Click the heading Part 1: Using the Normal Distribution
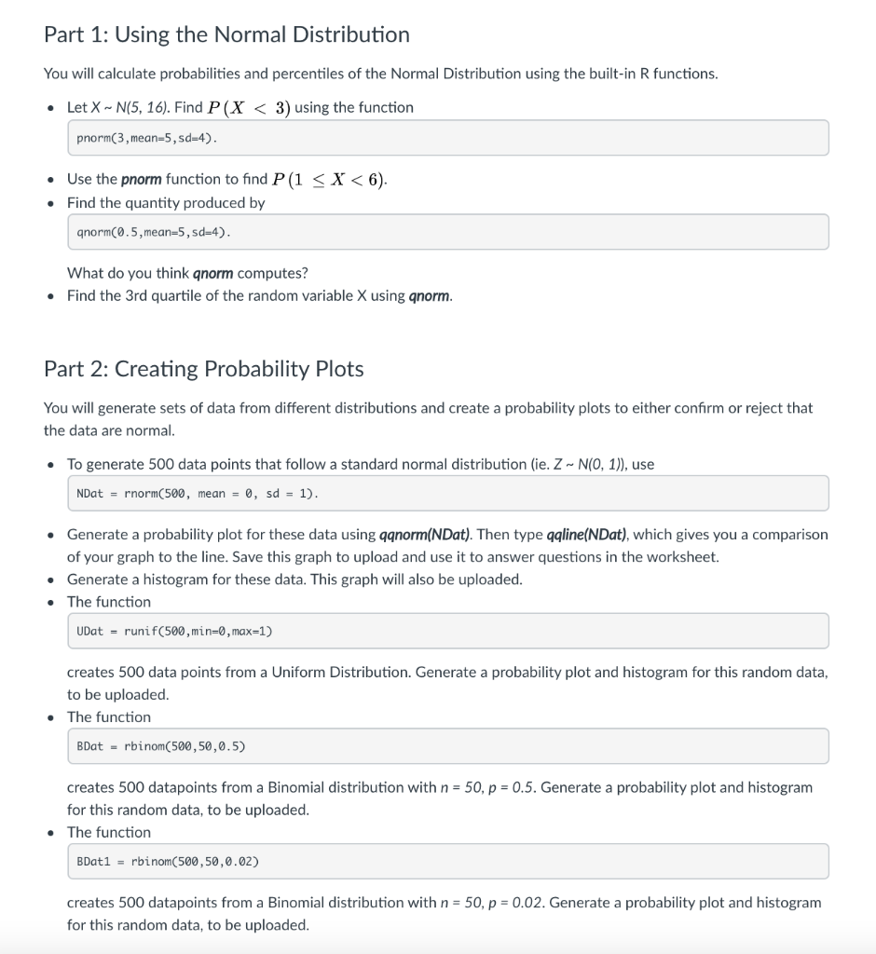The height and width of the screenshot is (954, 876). (x=226, y=34)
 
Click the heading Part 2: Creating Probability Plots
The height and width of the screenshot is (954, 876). (x=203, y=369)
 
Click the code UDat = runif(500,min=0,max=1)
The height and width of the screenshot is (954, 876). (x=174, y=631)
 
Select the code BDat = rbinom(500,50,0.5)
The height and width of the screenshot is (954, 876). (x=160, y=746)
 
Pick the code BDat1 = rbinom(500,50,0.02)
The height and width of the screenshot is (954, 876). (x=167, y=862)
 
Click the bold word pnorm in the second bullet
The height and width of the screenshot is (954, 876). (x=142, y=179)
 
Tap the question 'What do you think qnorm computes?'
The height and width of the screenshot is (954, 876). (x=187, y=273)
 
